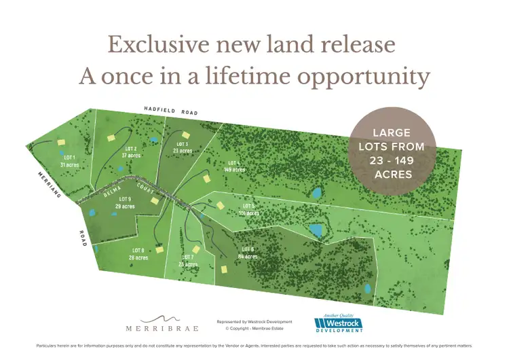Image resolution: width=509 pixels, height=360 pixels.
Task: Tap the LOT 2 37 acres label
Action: pos(130,152)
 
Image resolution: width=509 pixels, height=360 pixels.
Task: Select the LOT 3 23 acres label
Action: pos(182,147)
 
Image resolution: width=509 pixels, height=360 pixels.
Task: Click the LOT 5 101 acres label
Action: pos(249,209)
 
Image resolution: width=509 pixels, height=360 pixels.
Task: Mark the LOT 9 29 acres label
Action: pos(124,202)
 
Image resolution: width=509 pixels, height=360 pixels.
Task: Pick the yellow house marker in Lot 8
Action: pos(159,249)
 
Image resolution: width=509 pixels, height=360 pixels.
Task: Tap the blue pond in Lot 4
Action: pos(316,192)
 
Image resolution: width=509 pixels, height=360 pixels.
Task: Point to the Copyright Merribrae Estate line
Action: pos(254,328)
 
